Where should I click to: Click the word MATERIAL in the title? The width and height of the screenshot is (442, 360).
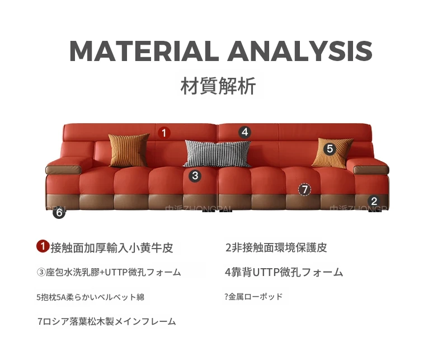(x=144, y=51)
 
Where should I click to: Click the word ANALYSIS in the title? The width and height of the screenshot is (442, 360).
(x=300, y=51)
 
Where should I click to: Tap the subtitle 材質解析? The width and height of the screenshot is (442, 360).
(x=218, y=86)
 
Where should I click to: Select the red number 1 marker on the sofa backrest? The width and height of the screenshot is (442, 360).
(x=164, y=132)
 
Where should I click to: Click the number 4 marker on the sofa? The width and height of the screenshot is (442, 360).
(x=244, y=132)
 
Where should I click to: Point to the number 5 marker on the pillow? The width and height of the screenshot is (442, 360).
(x=330, y=149)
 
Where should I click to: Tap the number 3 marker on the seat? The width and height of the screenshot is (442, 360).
(x=195, y=176)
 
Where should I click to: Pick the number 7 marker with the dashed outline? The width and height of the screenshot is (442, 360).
(x=305, y=190)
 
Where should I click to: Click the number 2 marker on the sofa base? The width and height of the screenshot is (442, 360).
(x=374, y=201)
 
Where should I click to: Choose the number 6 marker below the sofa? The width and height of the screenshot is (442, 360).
(x=59, y=212)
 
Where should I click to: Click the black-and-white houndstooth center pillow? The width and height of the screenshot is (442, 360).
(x=217, y=153)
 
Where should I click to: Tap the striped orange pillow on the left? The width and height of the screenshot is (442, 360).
(x=129, y=150)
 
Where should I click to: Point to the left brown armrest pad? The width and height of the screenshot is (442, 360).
(x=63, y=170)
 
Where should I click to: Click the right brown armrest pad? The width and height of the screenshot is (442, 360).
(x=371, y=170)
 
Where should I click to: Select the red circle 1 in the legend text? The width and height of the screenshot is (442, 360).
(x=43, y=246)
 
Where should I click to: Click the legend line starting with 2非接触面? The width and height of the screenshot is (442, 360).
(x=276, y=247)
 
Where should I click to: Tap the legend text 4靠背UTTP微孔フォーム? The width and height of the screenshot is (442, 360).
(x=284, y=272)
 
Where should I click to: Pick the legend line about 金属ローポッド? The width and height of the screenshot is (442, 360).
(x=253, y=297)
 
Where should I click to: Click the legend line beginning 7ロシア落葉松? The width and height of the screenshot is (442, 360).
(x=107, y=321)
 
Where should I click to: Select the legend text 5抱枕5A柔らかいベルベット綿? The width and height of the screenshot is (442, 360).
(x=91, y=297)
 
